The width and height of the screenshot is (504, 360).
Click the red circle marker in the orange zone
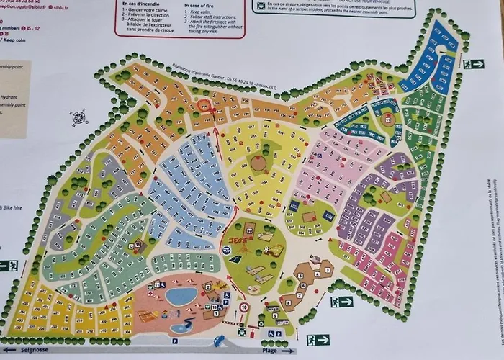pos(204,106)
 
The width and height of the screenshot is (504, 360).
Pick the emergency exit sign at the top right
pos(473,64)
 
